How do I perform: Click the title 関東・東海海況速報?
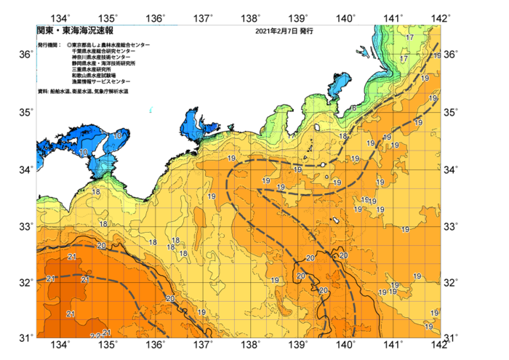tap(73, 31)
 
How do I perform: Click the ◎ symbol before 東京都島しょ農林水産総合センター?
tap(69, 45)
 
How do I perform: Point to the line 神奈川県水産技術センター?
tap(101, 58)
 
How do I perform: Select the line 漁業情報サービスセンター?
tap(101, 81)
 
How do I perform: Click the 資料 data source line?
tap(83, 91)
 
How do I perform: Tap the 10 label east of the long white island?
tap(119, 135)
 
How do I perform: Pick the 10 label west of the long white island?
tap(84, 152)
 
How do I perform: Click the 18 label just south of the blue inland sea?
tap(96, 191)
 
